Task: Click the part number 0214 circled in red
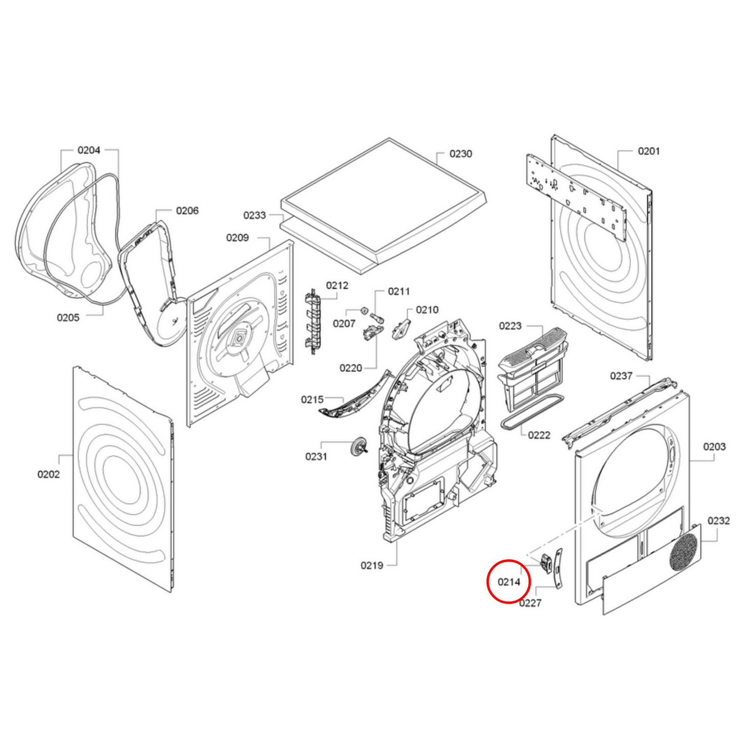pyautogui.click(x=509, y=582)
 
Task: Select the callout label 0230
pyautogui.click(x=460, y=154)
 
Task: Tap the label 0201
pyautogui.click(x=649, y=151)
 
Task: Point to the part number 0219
pyautogui.click(x=372, y=565)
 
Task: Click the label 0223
pyautogui.click(x=510, y=326)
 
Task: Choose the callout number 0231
pyautogui.click(x=316, y=457)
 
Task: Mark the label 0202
pyautogui.click(x=48, y=474)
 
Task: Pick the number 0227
pyautogui.click(x=530, y=603)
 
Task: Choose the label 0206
pyautogui.click(x=187, y=211)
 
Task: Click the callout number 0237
pyautogui.click(x=621, y=376)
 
